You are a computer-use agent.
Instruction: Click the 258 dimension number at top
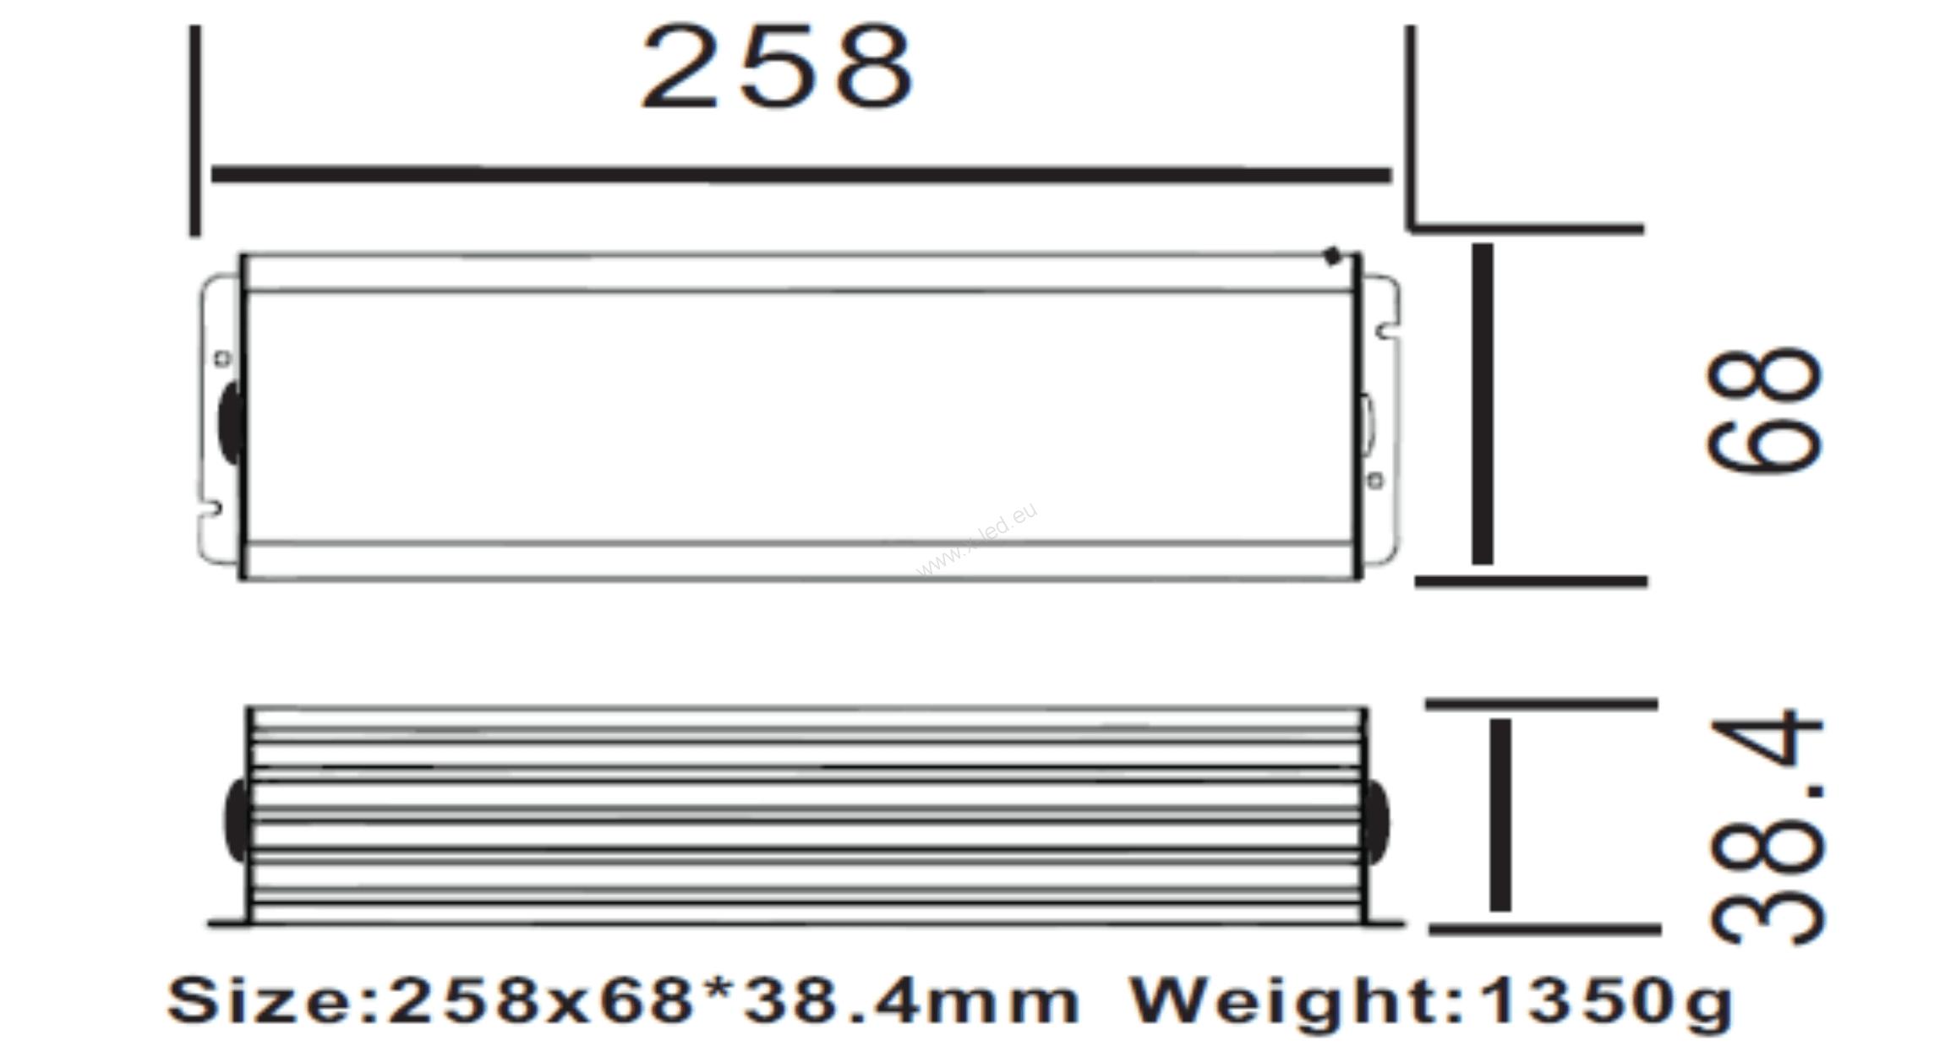click(x=778, y=68)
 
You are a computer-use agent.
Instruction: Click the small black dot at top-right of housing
click(x=1333, y=257)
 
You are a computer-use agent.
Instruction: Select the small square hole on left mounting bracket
click(x=222, y=359)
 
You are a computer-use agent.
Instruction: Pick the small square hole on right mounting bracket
click(x=1375, y=481)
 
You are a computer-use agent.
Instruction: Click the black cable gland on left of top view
click(x=230, y=422)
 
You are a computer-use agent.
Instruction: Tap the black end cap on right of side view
click(x=1375, y=821)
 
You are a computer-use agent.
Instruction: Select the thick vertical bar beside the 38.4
click(x=1500, y=815)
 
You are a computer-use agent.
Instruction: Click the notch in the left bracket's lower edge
click(x=213, y=509)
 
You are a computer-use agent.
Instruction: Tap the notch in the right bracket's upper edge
click(x=1384, y=330)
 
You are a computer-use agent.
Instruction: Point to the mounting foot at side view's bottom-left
click(x=228, y=924)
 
